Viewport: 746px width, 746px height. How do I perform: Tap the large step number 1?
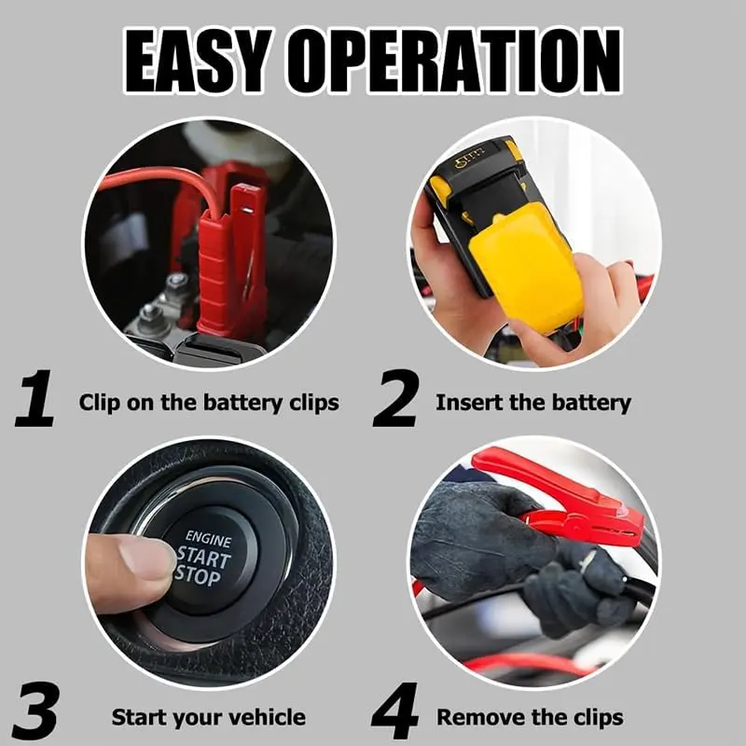pyautogui.click(x=35, y=398)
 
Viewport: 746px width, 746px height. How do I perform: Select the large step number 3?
pyautogui.click(x=35, y=711)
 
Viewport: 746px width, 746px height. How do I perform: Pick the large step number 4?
pyautogui.click(x=394, y=711)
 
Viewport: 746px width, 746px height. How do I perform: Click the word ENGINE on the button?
pyautogui.click(x=208, y=539)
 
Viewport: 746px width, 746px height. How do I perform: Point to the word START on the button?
pyautogui.click(x=204, y=558)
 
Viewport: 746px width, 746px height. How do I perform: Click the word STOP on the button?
pyautogui.click(x=198, y=575)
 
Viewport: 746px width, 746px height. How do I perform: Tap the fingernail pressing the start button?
pyautogui.click(x=145, y=558)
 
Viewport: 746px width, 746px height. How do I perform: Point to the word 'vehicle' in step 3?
pyautogui.click(x=263, y=717)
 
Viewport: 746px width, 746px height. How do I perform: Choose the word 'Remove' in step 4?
pyautogui.click(x=476, y=717)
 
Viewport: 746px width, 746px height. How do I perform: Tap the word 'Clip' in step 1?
pyautogui.click(x=100, y=404)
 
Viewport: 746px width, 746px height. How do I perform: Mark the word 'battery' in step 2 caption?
pyautogui.click(x=591, y=404)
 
